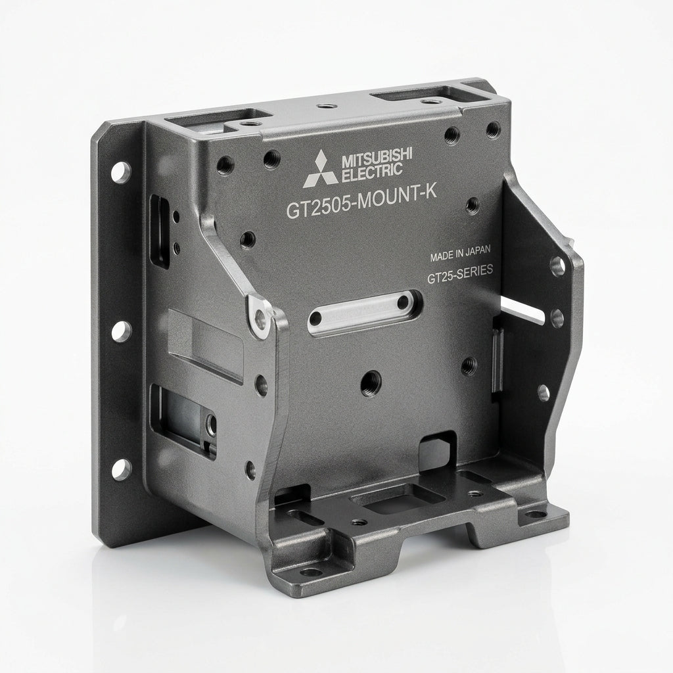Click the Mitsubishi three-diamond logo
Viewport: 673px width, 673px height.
[x=320, y=169]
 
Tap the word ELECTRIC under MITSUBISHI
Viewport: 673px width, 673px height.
[x=372, y=172]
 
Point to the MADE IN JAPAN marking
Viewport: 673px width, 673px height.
[x=460, y=253]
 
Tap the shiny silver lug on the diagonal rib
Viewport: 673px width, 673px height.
[x=260, y=316]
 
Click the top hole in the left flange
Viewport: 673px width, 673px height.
[x=121, y=172]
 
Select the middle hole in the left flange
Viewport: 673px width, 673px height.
[x=122, y=331]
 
